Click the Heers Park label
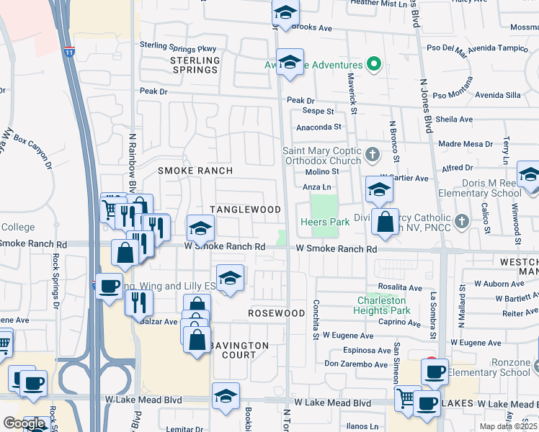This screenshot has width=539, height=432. click(324, 222)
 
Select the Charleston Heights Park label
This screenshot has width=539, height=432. click(381, 305)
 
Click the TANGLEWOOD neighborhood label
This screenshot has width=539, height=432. click(245, 210)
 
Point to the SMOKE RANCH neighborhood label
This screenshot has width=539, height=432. click(195, 171)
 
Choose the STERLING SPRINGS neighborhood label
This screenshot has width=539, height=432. click(195, 66)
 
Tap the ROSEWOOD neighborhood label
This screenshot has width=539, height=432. click(277, 314)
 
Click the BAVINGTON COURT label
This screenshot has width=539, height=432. click(239, 350)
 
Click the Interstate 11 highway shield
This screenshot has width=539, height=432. click(69, 52)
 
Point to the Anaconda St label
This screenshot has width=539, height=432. click(318, 127)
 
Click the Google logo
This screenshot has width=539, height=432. click(24, 423)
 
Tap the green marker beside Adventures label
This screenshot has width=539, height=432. click(373, 65)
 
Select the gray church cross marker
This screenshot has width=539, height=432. click(372, 154)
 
